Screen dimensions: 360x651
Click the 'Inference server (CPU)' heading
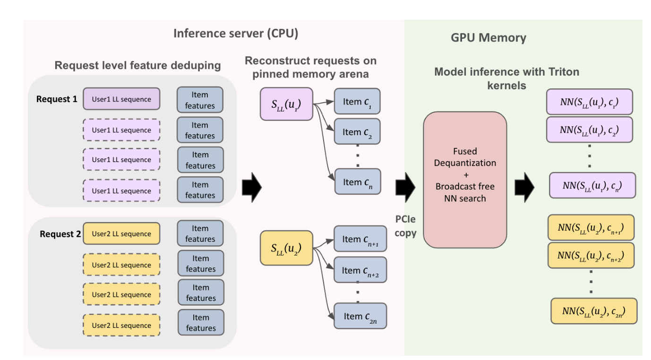[236, 34]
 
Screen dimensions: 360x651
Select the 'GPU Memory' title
[488, 38]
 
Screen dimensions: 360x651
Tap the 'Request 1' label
[57, 100]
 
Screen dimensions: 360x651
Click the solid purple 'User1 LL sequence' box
[121, 100]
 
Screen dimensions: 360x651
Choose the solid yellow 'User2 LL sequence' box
[121, 234]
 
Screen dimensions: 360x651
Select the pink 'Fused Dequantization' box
[465, 180]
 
